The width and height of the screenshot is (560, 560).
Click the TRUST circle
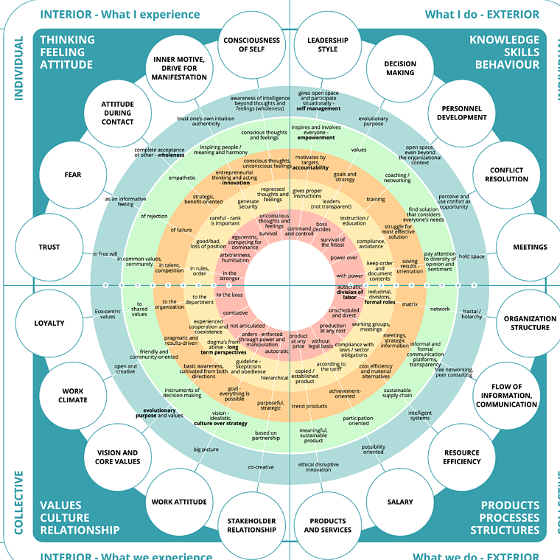[49, 247]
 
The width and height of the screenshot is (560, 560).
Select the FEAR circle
[72, 175]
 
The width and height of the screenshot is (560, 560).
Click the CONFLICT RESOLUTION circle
[507, 175]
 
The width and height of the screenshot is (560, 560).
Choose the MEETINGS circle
[530, 247]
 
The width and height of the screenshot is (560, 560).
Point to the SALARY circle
[400, 503]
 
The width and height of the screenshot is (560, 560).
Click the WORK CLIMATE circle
[74, 396]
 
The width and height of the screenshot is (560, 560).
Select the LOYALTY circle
[49, 323]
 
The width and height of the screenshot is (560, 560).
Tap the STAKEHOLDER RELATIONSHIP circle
[252, 525]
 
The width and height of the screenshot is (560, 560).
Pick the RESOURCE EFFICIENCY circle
[462, 457]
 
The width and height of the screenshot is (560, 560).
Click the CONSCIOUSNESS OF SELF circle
[252, 44]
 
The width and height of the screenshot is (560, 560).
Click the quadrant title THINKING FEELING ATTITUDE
[68, 52]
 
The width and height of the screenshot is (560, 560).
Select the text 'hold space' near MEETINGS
[472, 256]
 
